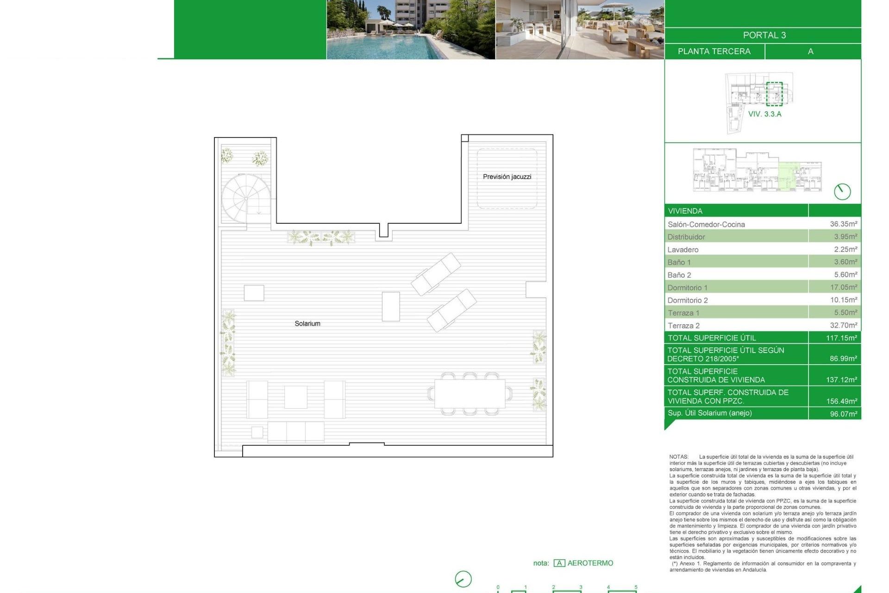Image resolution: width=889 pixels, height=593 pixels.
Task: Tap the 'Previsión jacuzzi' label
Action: click(x=507, y=177)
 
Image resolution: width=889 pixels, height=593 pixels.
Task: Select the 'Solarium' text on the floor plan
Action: click(x=307, y=323)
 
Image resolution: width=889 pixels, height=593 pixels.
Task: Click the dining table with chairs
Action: click(x=470, y=393)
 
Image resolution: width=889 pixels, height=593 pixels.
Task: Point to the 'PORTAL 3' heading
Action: click(x=764, y=35)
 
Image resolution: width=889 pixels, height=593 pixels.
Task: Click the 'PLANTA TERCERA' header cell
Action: click(x=714, y=51)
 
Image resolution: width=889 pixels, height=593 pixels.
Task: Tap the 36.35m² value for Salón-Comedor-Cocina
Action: click(x=843, y=224)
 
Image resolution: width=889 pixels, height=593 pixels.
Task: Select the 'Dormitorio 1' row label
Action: click(x=687, y=288)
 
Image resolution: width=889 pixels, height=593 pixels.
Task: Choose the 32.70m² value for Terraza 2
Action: click(x=843, y=325)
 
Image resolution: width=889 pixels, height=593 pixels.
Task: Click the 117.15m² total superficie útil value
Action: click(x=841, y=338)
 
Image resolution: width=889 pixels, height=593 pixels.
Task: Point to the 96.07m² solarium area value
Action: click(x=843, y=414)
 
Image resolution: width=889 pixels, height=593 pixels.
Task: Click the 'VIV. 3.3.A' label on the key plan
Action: click(x=764, y=114)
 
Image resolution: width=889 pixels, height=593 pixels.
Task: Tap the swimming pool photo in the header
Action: click(x=411, y=30)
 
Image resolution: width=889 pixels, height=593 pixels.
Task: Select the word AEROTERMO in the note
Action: click(x=590, y=563)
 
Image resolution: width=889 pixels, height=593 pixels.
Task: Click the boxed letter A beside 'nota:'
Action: click(x=559, y=563)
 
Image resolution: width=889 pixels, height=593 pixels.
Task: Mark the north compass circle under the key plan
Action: click(x=842, y=191)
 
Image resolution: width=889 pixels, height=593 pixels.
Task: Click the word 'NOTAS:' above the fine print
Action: click(x=679, y=457)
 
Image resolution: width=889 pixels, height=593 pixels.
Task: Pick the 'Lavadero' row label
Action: click(x=683, y=250)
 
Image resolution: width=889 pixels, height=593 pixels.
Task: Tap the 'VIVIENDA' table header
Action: click(x=685, y=211)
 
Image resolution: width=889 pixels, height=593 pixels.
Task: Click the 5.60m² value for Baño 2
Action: click(x=845, y=275)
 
